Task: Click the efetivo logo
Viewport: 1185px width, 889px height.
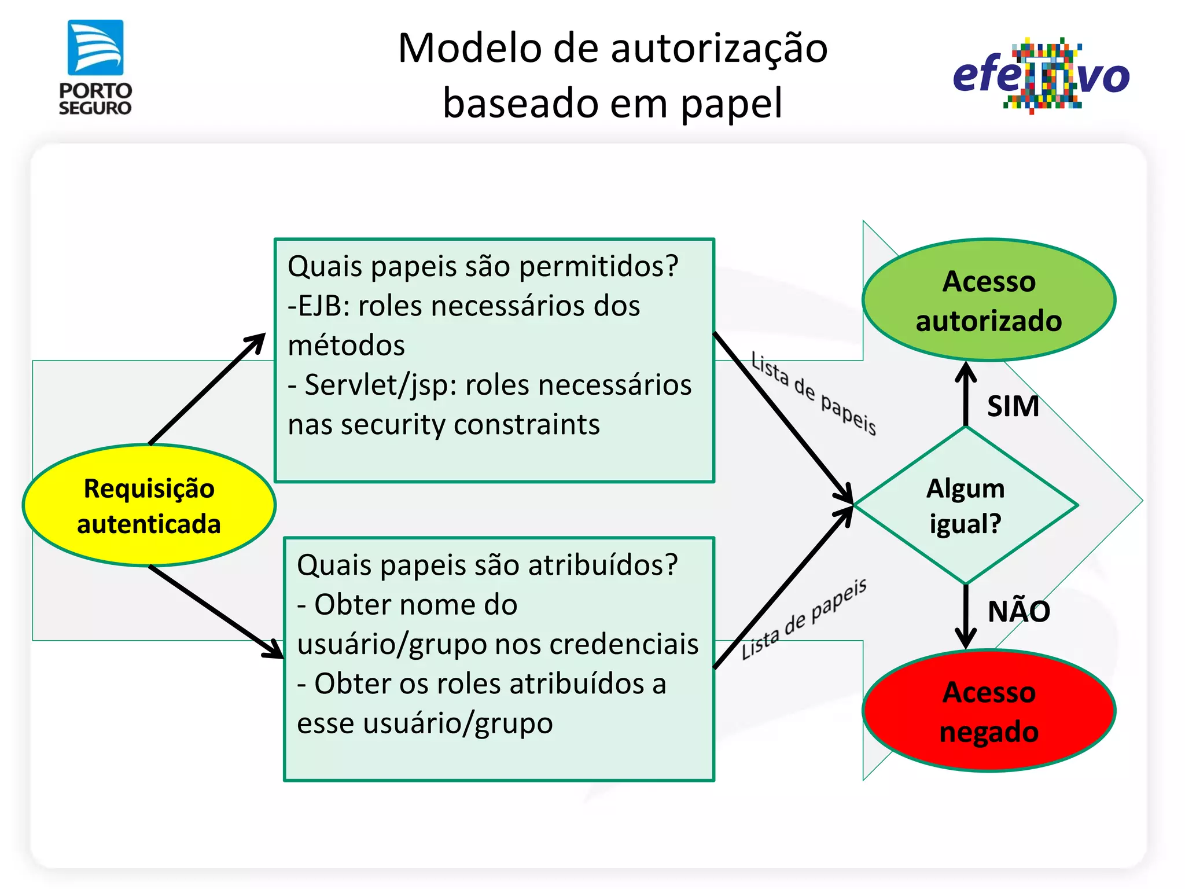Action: coord(1041,75)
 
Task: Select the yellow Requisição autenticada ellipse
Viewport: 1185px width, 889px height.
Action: coord(149,505)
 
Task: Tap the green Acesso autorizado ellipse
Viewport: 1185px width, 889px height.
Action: coord(988,300)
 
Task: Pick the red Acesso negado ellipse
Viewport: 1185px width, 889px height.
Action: coord(988,711)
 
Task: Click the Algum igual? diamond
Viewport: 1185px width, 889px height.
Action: coord(965,506)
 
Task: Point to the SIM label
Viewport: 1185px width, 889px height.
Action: coord(1013,406)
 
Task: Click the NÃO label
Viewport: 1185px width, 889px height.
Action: coord(1018,611)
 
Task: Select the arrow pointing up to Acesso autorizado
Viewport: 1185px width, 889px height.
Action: coord(966,394)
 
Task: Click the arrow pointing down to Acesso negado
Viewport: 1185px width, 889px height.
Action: coord(966,616)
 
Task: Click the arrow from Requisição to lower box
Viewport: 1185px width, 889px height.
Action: coord(216,612)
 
